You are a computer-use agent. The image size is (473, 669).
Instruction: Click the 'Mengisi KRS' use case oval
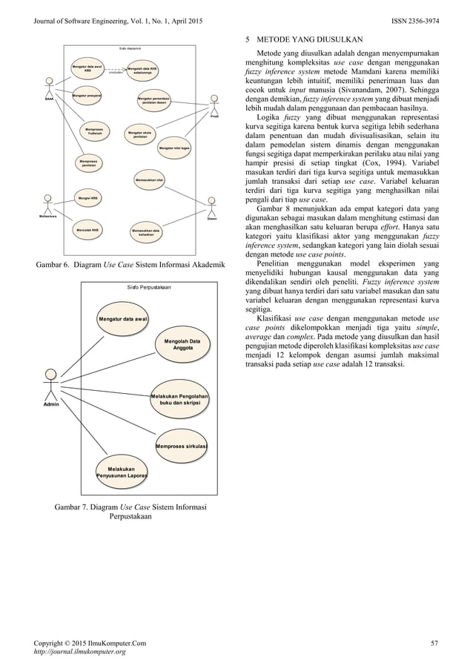89,199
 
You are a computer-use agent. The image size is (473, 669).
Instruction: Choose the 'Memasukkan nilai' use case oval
150,179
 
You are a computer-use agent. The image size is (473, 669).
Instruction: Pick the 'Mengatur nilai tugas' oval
174,148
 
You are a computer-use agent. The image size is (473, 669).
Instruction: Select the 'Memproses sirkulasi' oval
181,446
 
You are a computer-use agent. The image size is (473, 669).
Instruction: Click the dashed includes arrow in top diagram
115,73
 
